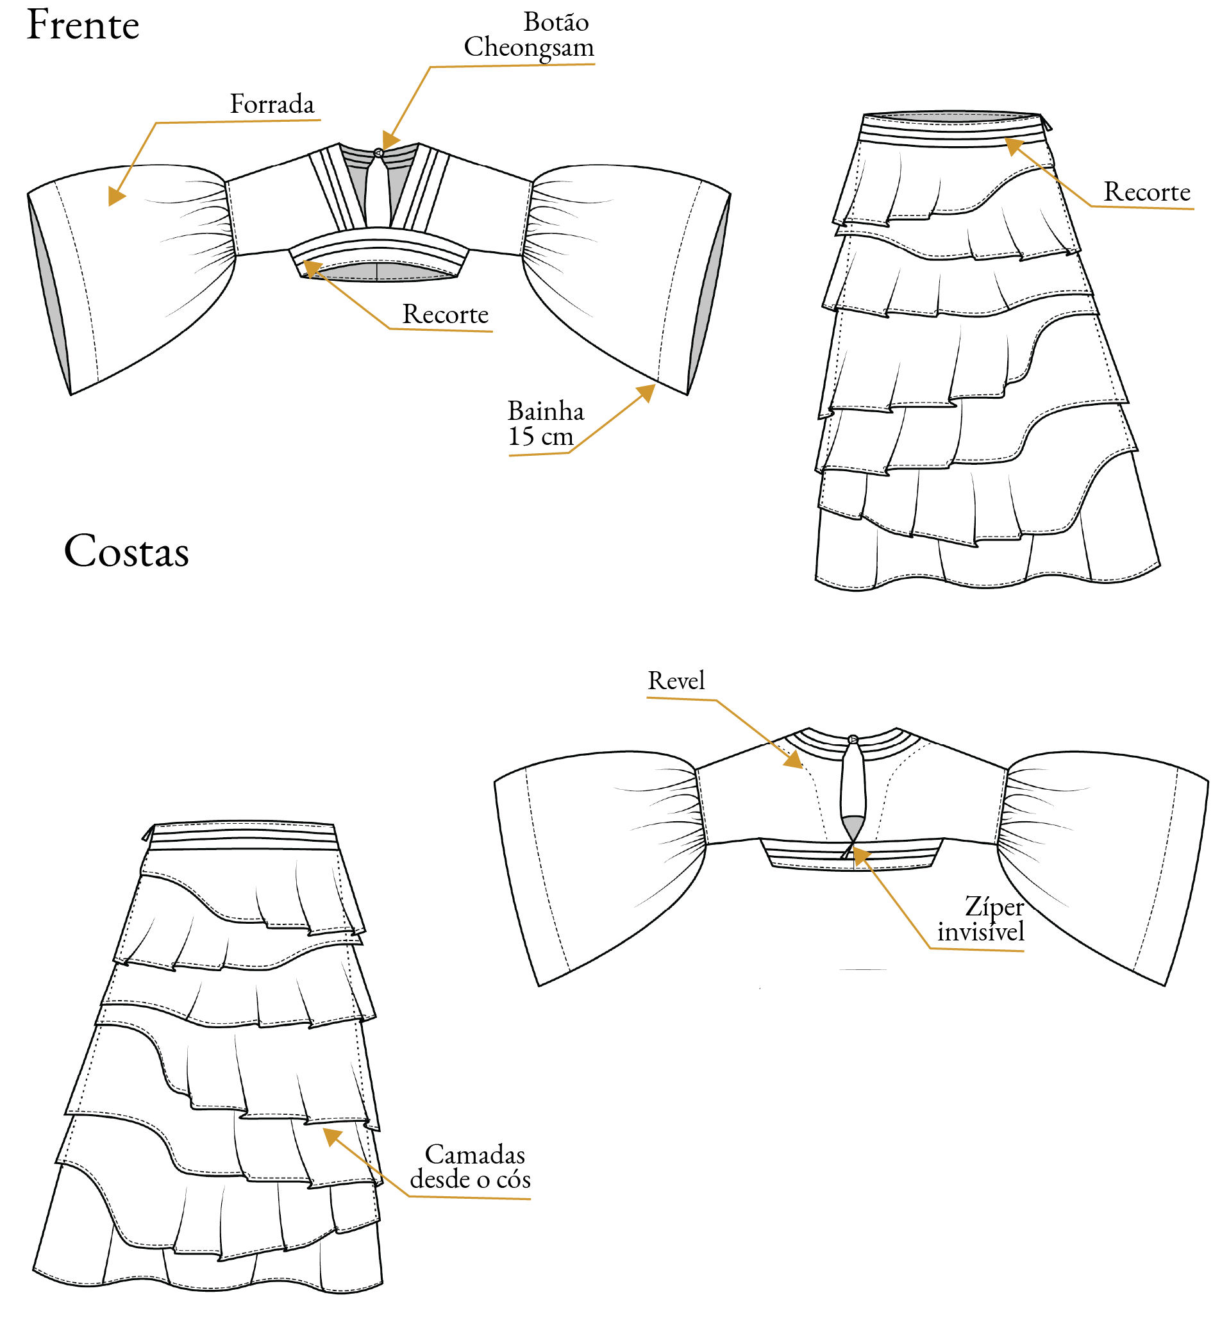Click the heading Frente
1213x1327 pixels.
point(83,25)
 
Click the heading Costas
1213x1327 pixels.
point(126,551)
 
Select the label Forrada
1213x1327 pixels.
point(272,104)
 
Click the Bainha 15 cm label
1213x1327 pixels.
point(546,424)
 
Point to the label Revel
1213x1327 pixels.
point(676,681)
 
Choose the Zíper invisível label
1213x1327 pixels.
point(981,919)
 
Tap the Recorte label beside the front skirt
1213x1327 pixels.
point(1146,192)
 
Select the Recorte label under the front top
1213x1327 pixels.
point(446,315)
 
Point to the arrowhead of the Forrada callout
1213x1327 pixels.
point(116,197)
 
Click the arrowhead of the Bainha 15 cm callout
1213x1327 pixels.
point(647,392)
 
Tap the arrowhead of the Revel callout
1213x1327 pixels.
point(794,761)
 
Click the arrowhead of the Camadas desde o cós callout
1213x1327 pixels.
point(331,1135)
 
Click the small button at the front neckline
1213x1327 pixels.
point(378,153)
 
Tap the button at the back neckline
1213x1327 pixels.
point(853,740)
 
